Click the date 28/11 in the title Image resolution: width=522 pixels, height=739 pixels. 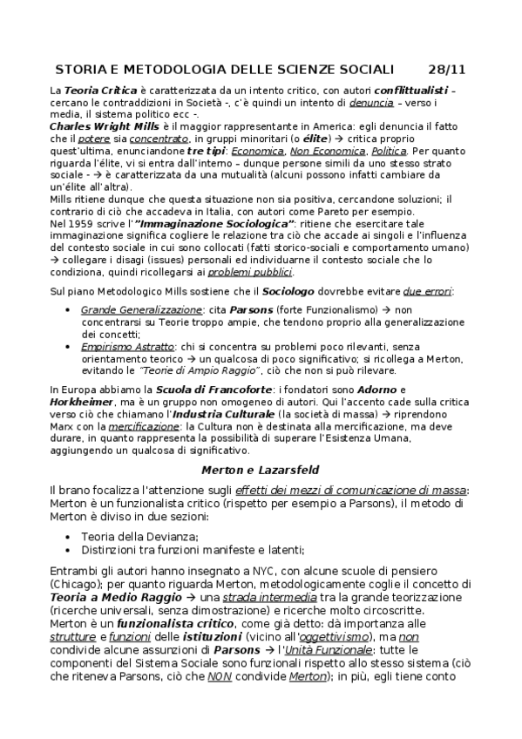click(448, 69)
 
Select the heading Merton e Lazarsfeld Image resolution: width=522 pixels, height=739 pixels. click(261, 470)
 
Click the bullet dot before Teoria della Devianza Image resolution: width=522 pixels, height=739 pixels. click(69, 536)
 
